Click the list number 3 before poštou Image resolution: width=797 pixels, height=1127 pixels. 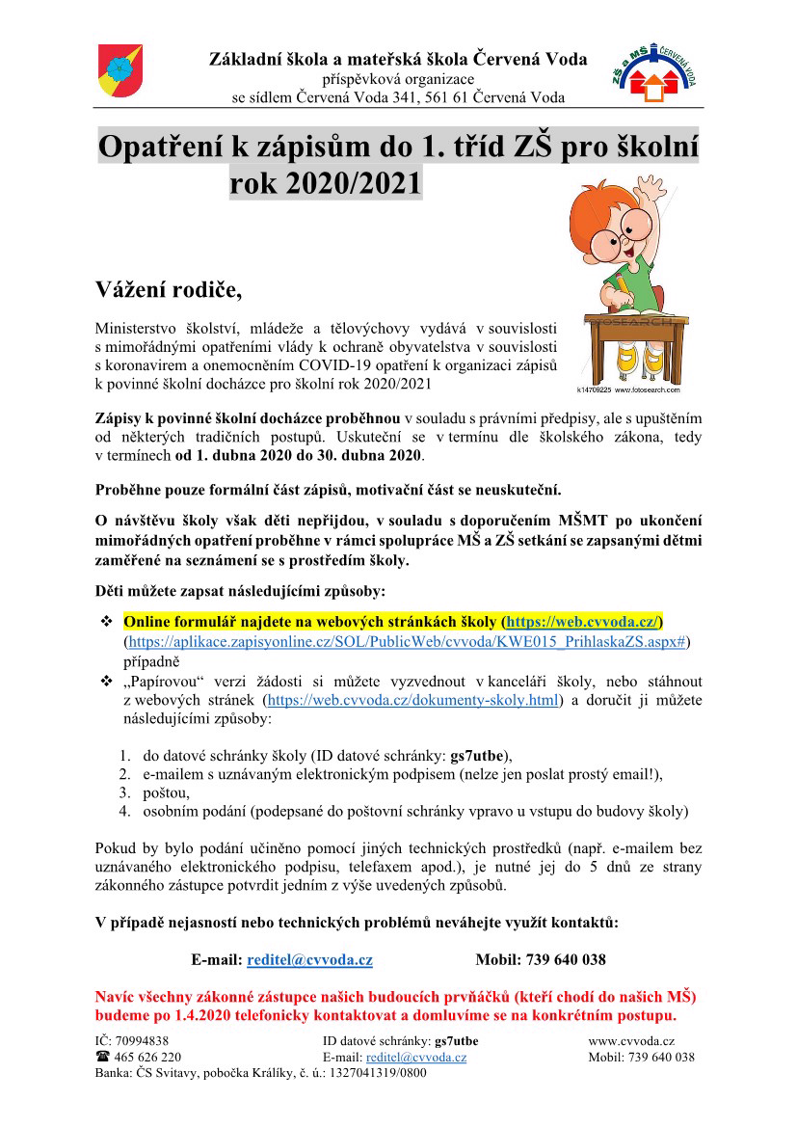pyautogui.click(x=123, y=792)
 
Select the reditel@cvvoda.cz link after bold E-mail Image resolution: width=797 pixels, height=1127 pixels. pyautogui.click(x=309, y=959)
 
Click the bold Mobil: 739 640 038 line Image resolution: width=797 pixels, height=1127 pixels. pyautogui.click(x=540, y=959)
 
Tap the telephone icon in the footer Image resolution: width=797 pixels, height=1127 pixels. pyautogui.click(x=101, y=1057)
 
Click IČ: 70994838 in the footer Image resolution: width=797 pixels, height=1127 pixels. pyautogui.click(x=132, y=1040)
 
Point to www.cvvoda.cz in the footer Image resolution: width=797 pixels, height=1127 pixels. pyautogui.click(x=630, y=1040)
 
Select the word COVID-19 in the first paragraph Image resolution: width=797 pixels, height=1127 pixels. pyautogui.click(x=361, y=365)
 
